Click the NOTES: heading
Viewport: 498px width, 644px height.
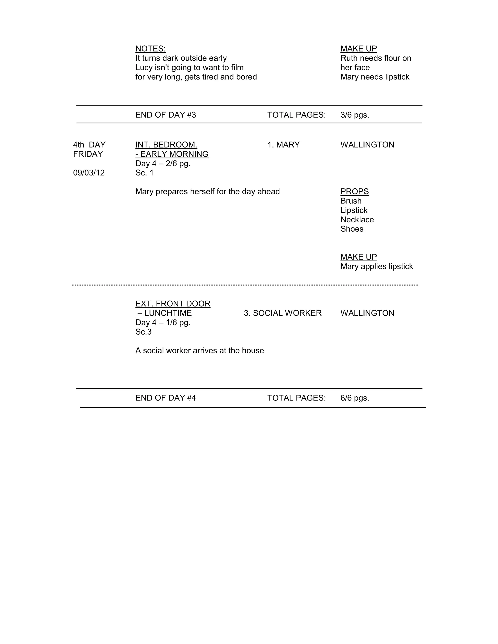(x=151, y=49)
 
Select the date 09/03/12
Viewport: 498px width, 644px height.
(x=89, y=173)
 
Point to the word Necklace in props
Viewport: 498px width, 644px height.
(x=357, y=220)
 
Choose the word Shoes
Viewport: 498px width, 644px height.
(x=352, y=229)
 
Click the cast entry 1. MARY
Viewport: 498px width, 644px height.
(x=283, y=145)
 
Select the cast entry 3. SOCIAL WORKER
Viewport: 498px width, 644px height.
(x=283, y=313)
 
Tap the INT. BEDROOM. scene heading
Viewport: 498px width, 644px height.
(x=166, y=145)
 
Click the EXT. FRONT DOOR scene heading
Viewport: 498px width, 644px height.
(x=173, y=304)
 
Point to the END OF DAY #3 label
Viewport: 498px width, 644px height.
(x=166, y=115)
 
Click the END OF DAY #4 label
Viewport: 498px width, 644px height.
(x=166, y=398)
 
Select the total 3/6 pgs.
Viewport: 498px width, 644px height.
(x=355, y=115)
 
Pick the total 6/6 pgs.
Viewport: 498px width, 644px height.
(x=355, y=398)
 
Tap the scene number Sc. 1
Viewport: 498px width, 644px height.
(x=144, y=173)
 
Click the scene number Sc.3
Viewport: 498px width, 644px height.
(x=143, y=332)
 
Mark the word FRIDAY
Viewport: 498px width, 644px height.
(x=88, y=154)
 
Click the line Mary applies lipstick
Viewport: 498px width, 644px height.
(x=376, y=267)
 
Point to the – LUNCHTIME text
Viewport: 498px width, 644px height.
(x=164, y=313)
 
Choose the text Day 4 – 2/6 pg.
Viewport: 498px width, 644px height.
(x=163, y=164)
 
